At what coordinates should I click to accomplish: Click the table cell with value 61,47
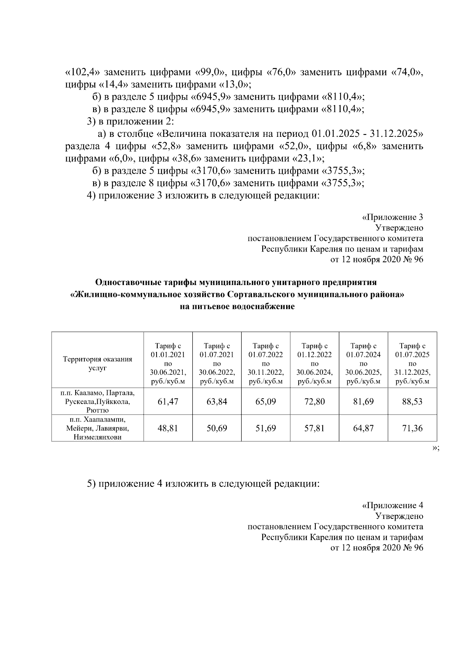168,401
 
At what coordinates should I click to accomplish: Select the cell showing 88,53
412,401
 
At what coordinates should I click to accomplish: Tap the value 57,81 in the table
314,428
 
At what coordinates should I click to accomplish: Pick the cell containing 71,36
412,428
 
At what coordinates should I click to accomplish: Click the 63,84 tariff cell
217,401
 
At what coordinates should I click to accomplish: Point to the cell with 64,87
363,428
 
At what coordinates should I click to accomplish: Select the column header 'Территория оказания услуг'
98,363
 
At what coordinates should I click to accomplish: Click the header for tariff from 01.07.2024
363,363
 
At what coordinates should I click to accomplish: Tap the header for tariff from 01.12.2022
314,363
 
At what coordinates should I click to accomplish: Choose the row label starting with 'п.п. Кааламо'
98,401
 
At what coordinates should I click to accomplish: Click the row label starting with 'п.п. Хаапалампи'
98,428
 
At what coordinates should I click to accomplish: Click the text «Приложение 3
392,217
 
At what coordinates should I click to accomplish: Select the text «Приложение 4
392,506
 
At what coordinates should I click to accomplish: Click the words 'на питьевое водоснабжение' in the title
237,307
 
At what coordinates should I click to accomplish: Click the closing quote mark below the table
436,448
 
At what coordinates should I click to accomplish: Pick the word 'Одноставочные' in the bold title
128,282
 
